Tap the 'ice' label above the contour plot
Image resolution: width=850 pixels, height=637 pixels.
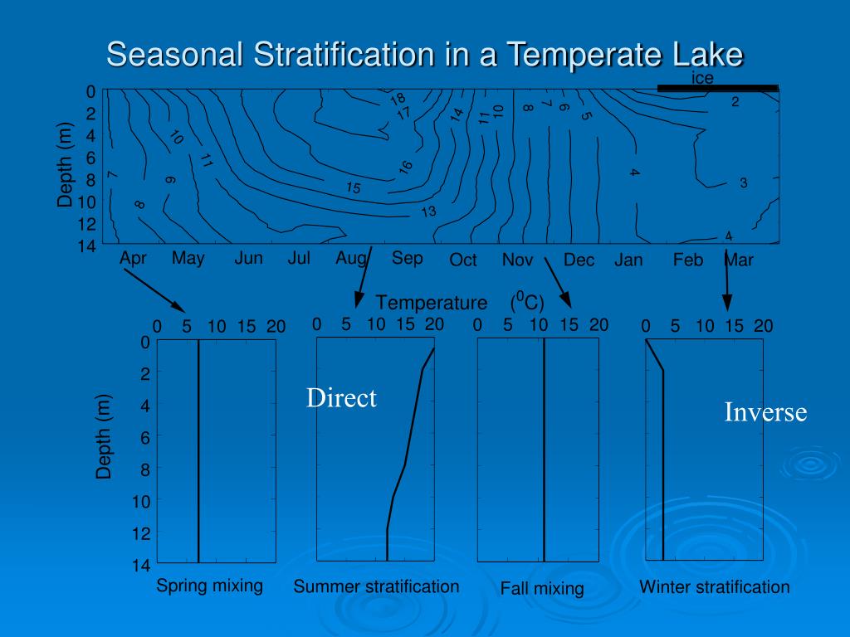702,78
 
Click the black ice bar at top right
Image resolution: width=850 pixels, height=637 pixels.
717,87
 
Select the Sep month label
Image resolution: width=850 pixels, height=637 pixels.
407,258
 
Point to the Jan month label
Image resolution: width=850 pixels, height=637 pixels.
628,260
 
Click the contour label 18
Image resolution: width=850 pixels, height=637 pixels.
398,100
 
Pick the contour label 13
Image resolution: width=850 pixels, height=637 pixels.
428,212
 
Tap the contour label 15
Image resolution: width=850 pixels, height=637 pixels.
354,188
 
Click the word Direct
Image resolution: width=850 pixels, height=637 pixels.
341,398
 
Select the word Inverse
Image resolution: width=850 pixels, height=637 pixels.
765,412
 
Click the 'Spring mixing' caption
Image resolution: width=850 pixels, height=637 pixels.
209,586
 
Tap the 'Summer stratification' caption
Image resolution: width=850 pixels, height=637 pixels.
376,586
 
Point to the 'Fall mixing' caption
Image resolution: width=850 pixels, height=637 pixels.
542,589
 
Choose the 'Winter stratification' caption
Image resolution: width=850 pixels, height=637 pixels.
714,587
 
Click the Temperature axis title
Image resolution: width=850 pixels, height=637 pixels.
432,302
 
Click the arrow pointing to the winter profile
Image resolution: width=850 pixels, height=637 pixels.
726,282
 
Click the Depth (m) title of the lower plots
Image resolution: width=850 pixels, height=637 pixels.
104,437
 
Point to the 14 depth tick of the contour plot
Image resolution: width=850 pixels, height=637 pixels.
88,246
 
